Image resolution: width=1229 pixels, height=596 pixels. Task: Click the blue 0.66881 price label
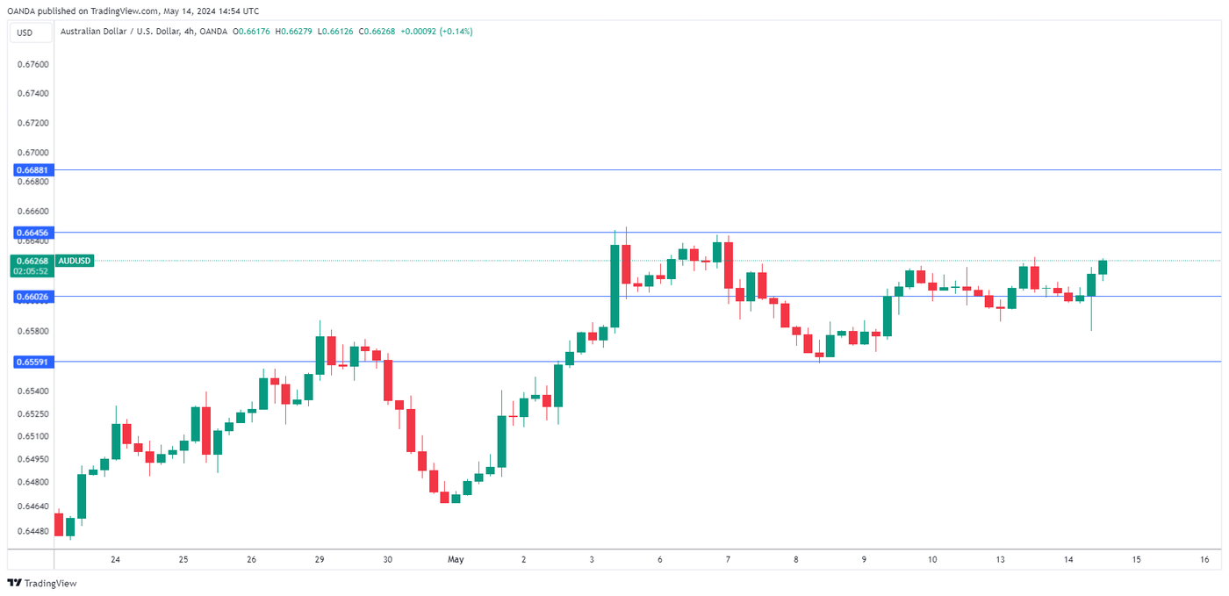coord(32,169)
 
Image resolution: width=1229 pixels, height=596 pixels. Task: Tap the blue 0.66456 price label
coord(32,233)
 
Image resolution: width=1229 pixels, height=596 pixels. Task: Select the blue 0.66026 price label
coord(32,297)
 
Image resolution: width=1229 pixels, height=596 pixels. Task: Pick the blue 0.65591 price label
coord(32,362)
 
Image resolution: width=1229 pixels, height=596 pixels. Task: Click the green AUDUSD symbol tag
coord(75,261)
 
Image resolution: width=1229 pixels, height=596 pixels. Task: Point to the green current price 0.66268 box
coord(32,261)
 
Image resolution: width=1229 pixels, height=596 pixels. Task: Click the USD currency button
coord(25,32)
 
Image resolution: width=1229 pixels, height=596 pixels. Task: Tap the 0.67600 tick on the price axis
coord(32,64)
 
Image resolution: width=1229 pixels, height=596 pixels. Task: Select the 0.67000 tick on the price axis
coord(32,153)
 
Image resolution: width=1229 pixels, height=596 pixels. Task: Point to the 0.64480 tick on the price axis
coord(32,531)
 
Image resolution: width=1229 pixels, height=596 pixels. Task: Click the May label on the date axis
coord(455,559)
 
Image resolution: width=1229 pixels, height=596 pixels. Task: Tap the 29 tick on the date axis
coord(320,559)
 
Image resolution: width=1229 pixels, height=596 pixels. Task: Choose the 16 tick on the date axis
coord(1204,559)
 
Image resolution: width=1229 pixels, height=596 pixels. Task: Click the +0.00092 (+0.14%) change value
coord(436,32)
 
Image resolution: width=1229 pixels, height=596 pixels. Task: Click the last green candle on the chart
coord(1103,267)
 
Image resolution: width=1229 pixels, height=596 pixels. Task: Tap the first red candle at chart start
coord(59,524)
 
